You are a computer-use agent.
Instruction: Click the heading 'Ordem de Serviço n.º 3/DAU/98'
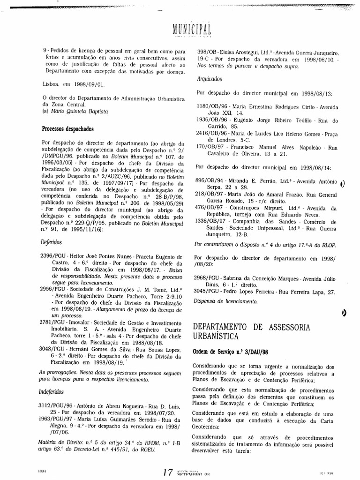click(x=225, y=352)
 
